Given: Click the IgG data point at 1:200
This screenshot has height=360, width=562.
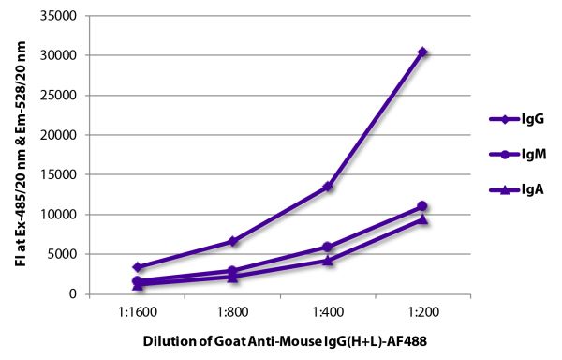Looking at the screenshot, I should click(422, 52).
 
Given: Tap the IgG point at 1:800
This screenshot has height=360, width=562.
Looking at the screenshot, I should click(232, 241).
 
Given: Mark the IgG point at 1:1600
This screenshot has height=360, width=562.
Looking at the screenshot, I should click(138, 267).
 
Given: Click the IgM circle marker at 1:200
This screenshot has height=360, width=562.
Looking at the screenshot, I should click(422, 206).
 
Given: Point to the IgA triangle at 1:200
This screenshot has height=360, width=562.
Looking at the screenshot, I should click(422, 219).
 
